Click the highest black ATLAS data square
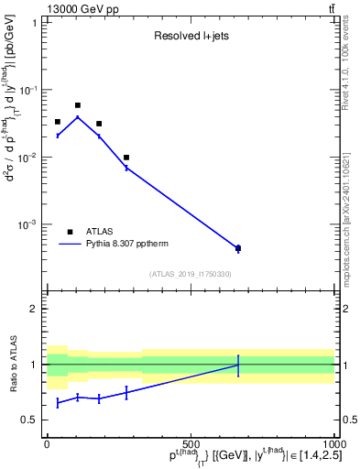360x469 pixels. (78, 105)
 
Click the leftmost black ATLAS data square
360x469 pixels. (57, 122)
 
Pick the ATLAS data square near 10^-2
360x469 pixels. (126, 158)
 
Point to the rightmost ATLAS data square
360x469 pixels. (238, 248)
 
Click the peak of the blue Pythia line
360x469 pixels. (78, 116)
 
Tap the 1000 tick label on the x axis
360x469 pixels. (332, 443)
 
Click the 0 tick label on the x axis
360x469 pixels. (48, 443)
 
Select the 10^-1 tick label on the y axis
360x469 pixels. (29, 90)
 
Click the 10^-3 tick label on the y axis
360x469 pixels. (29, 224)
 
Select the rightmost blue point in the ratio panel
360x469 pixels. (238, 365)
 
